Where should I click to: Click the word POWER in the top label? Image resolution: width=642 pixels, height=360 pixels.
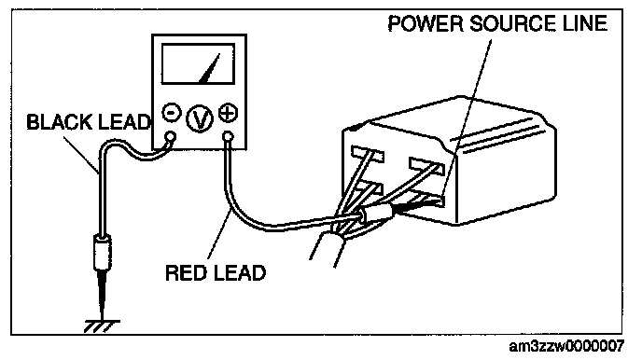click(425, 23)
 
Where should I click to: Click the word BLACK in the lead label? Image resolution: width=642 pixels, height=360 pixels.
click(58, 122)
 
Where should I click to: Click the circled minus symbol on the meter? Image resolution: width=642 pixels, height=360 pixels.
click(172, 113)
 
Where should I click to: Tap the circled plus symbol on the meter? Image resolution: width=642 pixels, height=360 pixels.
click(228, 113)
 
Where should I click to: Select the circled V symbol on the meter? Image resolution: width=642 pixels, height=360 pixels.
click(200, 118)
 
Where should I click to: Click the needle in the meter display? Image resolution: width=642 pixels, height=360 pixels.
click(210, 68)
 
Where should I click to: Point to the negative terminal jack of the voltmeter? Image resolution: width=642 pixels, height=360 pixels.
click(171, 136)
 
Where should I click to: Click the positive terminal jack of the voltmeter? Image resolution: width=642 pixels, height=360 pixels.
click(229, 136)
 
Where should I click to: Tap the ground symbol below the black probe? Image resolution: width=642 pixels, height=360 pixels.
click(102, 326)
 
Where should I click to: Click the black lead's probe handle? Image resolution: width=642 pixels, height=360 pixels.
click(103, 252)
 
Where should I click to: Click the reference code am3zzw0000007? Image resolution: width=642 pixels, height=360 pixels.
click(566, 347)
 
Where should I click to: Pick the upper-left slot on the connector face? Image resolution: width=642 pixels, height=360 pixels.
click(368, 154)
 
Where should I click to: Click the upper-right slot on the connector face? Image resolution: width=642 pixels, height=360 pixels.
click(426, 166)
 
